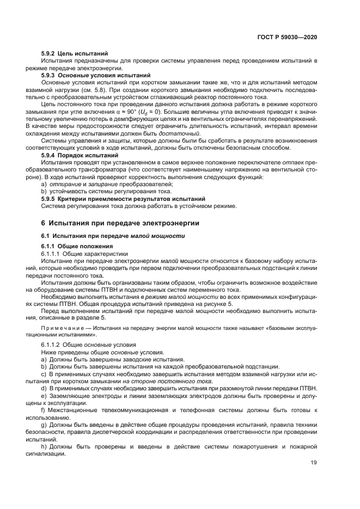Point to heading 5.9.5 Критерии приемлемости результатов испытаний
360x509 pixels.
pyautogui.click(x=123, y=199)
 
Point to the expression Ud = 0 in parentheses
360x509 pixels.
pyautogui.click(x=175, y=111)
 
